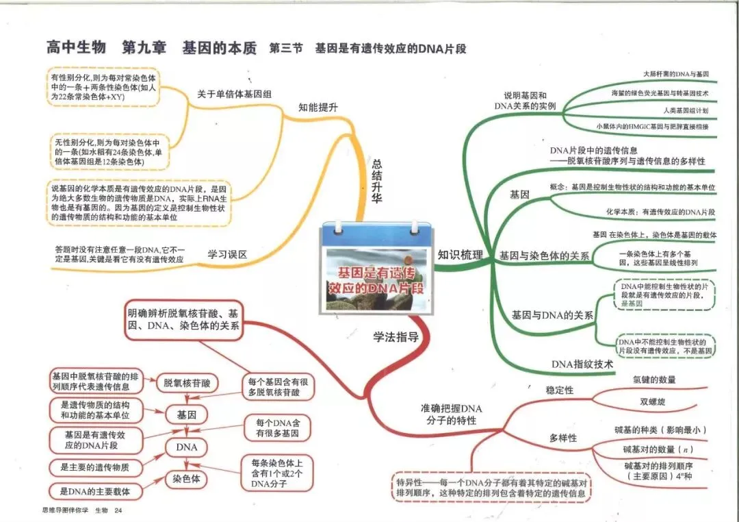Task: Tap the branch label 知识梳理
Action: pos(460,255)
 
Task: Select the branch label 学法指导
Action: pos(396,337)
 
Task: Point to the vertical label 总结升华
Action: pos(376,181)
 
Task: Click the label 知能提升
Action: pos(318,108)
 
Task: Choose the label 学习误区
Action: pos(228,255)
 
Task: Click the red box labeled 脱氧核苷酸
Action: pos(187,383)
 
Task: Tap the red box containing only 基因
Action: pos(187,415)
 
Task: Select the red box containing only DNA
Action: pos(187,447)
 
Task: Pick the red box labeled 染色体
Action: pos(187,479)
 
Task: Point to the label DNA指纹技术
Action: pos(582,364)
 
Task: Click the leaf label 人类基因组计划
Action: pos(686,110)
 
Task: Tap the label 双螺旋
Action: pos(653,401)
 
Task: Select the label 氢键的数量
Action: pos(654,380)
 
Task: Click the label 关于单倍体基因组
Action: pos(234,94)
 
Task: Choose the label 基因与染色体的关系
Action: pos(545,256)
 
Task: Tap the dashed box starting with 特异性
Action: pos(491,488)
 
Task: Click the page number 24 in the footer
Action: pos(118,510)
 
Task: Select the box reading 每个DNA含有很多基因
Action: pos(278,428)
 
